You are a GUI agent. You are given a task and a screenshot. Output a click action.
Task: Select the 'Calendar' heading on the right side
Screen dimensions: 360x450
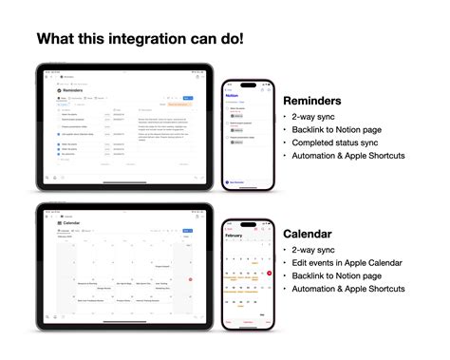click(x=308, y=233)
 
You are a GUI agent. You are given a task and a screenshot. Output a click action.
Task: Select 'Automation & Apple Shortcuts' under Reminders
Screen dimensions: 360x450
click(x=349, y=155)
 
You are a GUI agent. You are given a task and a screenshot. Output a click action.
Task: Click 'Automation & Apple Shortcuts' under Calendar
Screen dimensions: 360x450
click(x=349, y=288)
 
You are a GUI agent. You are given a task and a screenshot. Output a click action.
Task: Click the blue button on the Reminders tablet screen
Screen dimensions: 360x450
click(x=187, y=98)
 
